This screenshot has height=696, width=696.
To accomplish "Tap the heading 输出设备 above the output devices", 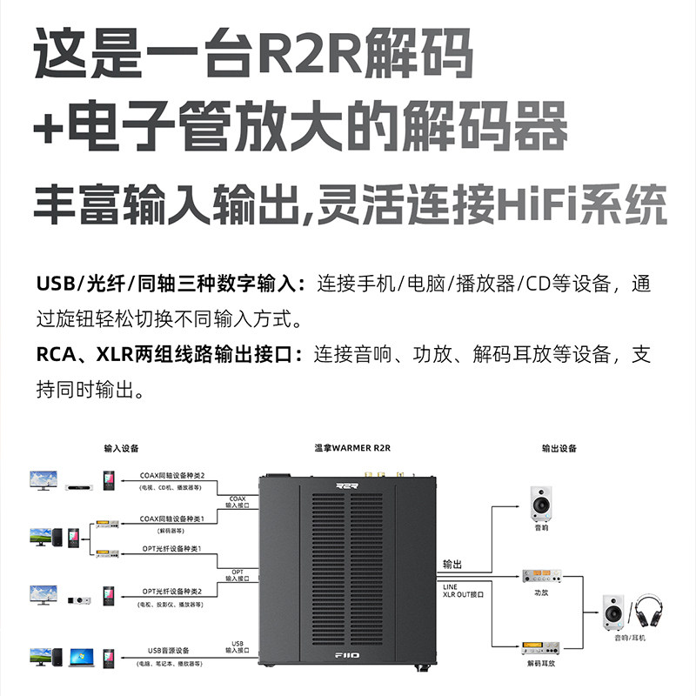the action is pyautogui.click(x=559, y=449).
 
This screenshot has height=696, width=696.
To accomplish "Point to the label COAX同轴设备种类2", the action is pyautogui.click(x=172, y=476).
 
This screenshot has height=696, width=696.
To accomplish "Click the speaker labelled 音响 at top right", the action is pyautogui.click(x=541, y=502).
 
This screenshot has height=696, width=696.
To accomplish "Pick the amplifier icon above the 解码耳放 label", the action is pyautogui.click(x=541, y=647).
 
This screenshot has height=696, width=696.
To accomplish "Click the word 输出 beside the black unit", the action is pyautogui.click(x=452, y=564).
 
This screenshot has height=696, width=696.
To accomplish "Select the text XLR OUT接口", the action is pyautogui.click(x=463, y=594).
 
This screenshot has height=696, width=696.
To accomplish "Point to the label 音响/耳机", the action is pyautogui.click(x=626, y=638).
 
